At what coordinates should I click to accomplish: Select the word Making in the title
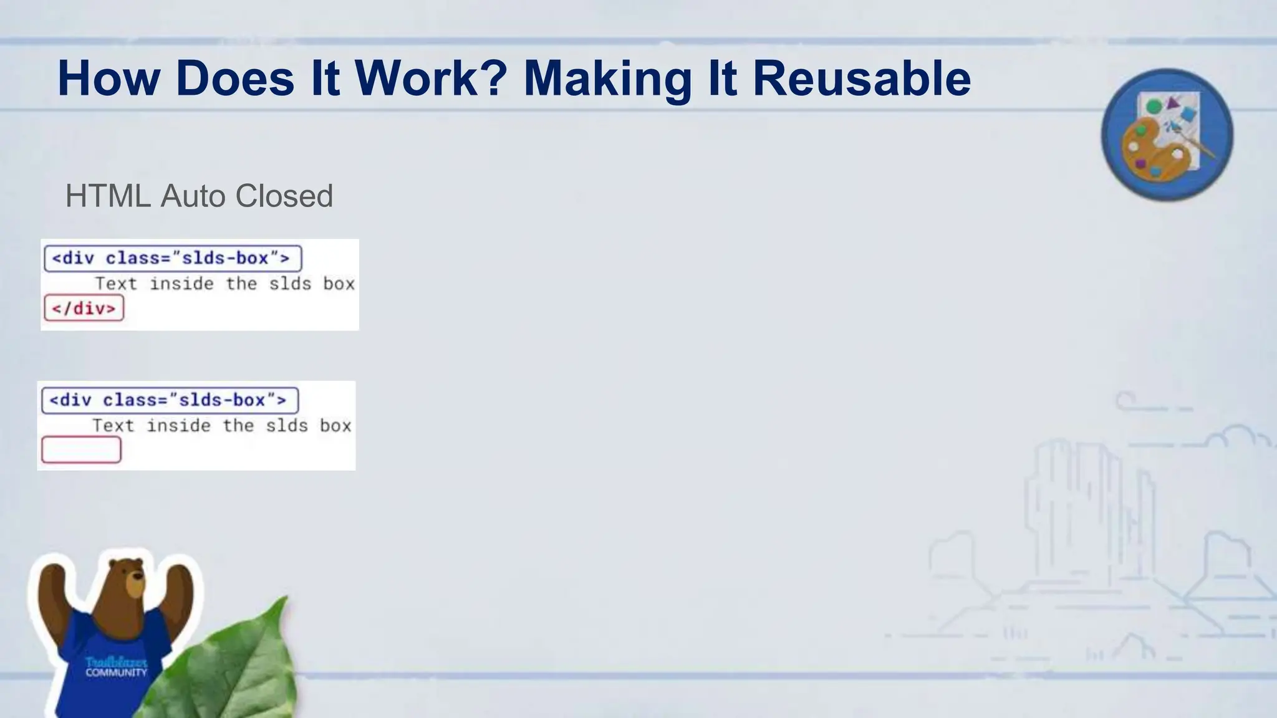607,80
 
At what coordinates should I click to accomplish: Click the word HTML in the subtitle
108,196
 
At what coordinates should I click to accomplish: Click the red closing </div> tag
84,309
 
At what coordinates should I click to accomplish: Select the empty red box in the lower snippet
82,450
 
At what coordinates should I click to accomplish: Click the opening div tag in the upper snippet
173,258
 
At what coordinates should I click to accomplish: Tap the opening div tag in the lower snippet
170,400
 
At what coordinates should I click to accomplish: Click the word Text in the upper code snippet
116,284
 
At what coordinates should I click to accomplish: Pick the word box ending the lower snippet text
335,426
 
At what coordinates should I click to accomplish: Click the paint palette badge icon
1167,135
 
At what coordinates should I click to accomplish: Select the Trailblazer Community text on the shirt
116,667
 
